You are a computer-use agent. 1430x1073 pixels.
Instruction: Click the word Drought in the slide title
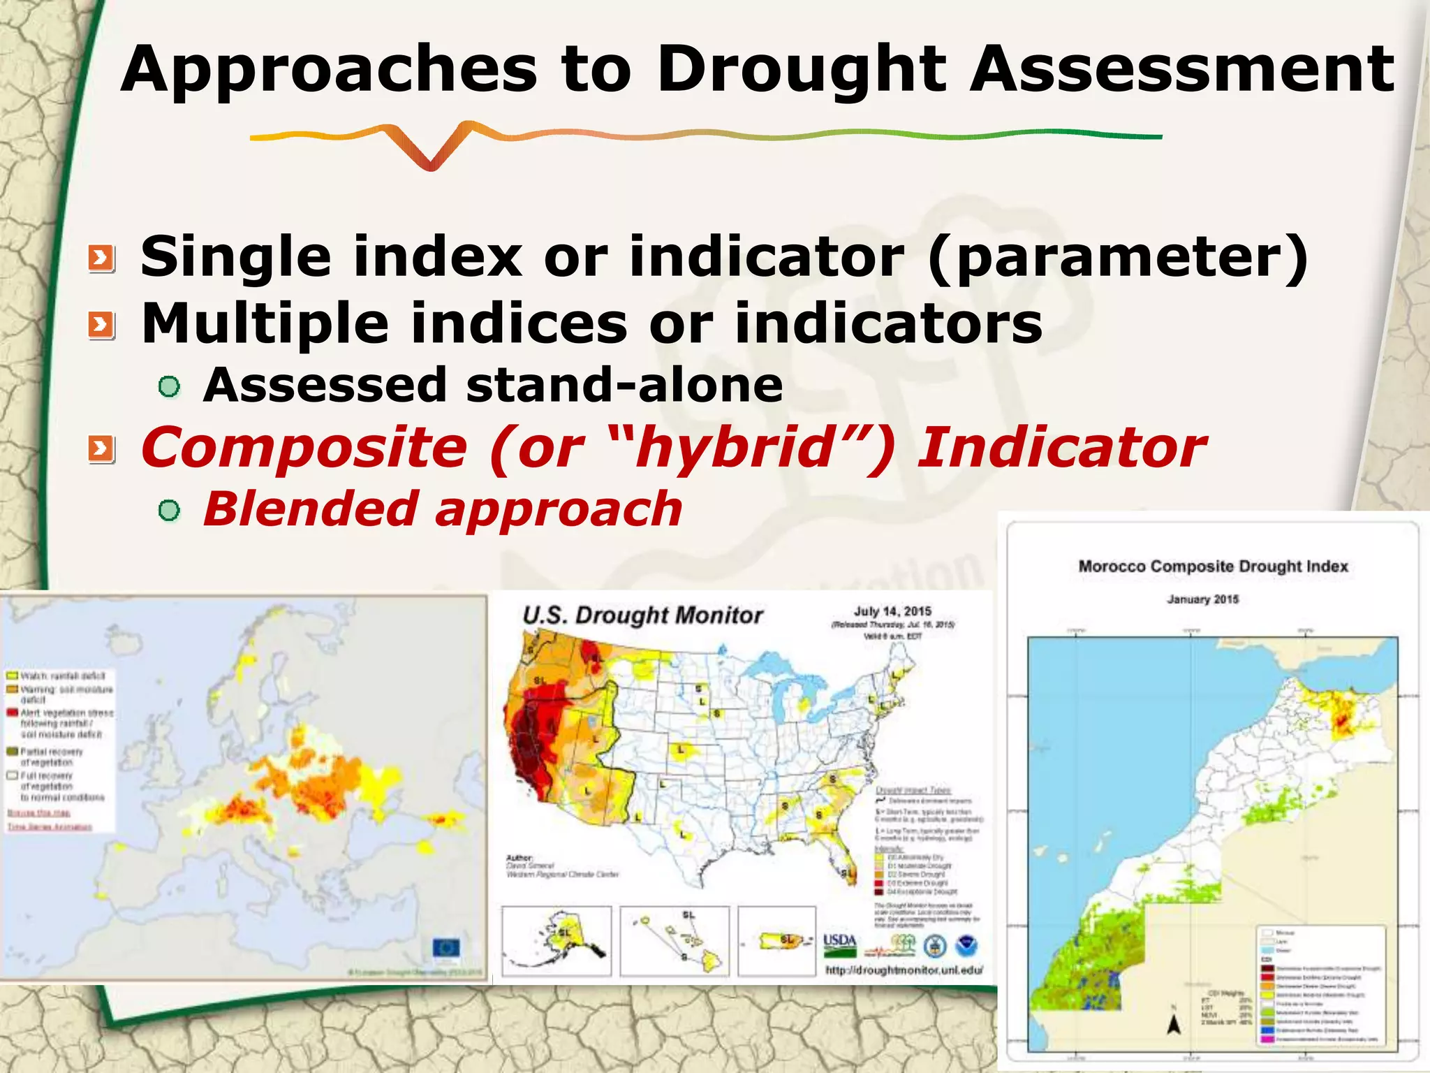(801, 70)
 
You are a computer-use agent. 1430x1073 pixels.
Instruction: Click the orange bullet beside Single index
(101, 259)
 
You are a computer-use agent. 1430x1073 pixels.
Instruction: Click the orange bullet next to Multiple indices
(101, 326)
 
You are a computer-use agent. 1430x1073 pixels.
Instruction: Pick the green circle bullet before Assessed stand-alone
(169, 386)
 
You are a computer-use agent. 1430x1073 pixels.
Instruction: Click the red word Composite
(304, 448)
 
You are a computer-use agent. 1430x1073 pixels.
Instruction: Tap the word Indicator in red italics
(1061, 448)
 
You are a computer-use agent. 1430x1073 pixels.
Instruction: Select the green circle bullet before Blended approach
(169, 511)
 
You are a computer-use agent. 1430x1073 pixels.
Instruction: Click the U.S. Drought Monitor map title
(642, 615)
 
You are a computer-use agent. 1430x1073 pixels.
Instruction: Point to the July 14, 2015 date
(892, 611)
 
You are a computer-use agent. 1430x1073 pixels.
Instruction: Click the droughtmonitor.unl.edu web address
(904, 970)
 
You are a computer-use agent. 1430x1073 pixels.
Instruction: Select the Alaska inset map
(556, 940)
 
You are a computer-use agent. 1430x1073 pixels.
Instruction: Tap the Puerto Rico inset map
(776, 940)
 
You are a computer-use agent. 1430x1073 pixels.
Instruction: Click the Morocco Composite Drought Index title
(1213, 567)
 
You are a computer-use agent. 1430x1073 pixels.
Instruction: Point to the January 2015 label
(1202, 599)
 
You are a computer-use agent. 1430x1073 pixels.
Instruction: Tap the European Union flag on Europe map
(446, 948)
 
